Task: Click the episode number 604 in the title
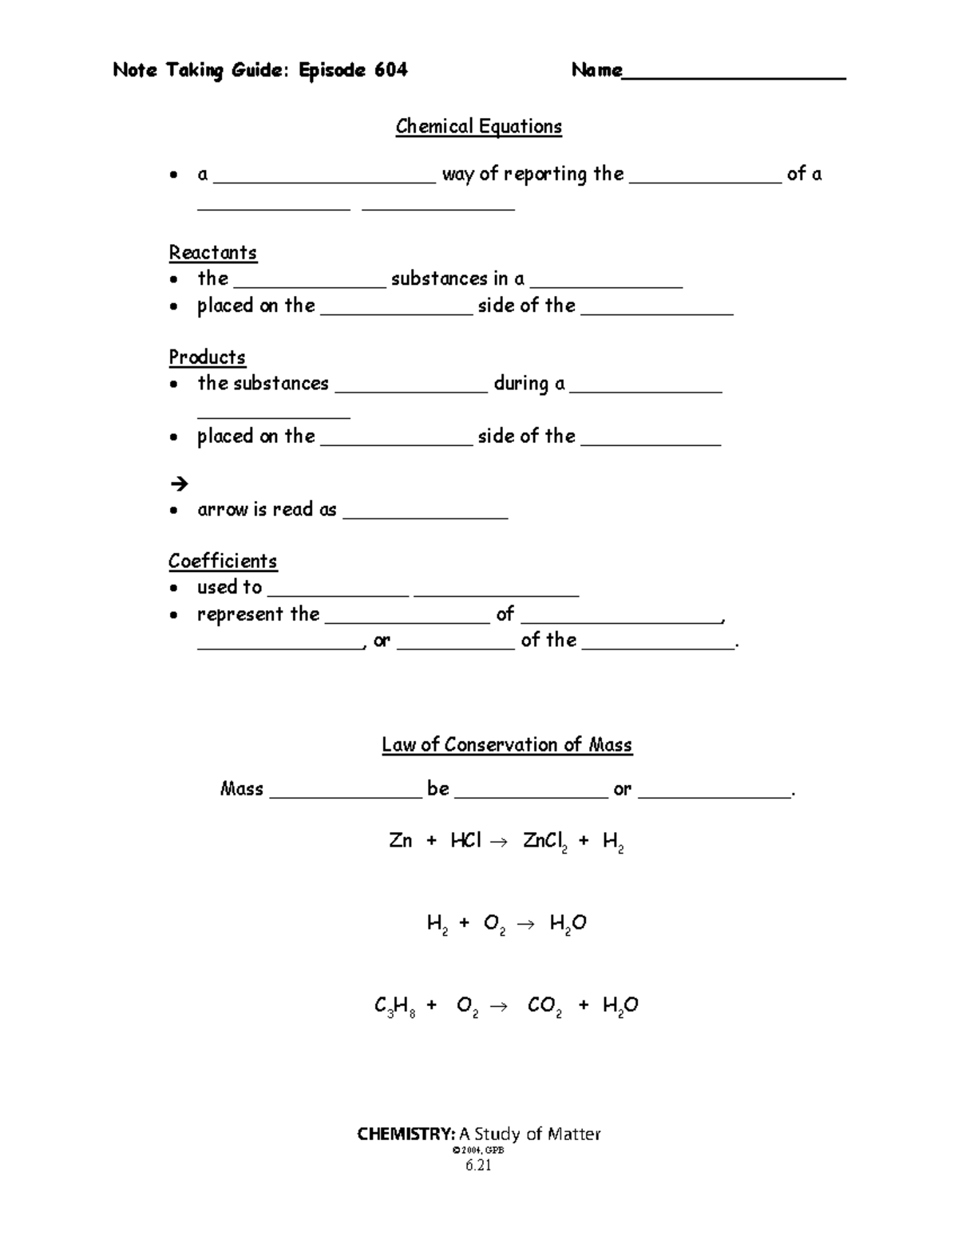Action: click(390, 70)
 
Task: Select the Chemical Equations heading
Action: click(478, 127)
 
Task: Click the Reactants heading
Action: click(212, 253)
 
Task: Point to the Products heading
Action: click(207, 357)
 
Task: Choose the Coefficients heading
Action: click(222, 561)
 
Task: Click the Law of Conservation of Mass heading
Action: click(506, 745)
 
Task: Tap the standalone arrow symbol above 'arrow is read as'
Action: click(178, 483)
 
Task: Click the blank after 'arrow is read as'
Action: click(425, 515)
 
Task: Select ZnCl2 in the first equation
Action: click(544, 842)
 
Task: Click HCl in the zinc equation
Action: click(465, 841)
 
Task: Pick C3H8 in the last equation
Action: click(394, 1006)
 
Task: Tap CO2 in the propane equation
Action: click(544, 1006)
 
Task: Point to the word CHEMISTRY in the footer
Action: click(406, 1134)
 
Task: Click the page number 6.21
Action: click(478, 1166)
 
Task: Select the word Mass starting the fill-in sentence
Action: click(241, 789)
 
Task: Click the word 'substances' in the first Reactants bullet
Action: click(439, 278)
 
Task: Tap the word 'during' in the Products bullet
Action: click(521, 384)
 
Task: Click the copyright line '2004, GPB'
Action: click(478, 1150)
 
